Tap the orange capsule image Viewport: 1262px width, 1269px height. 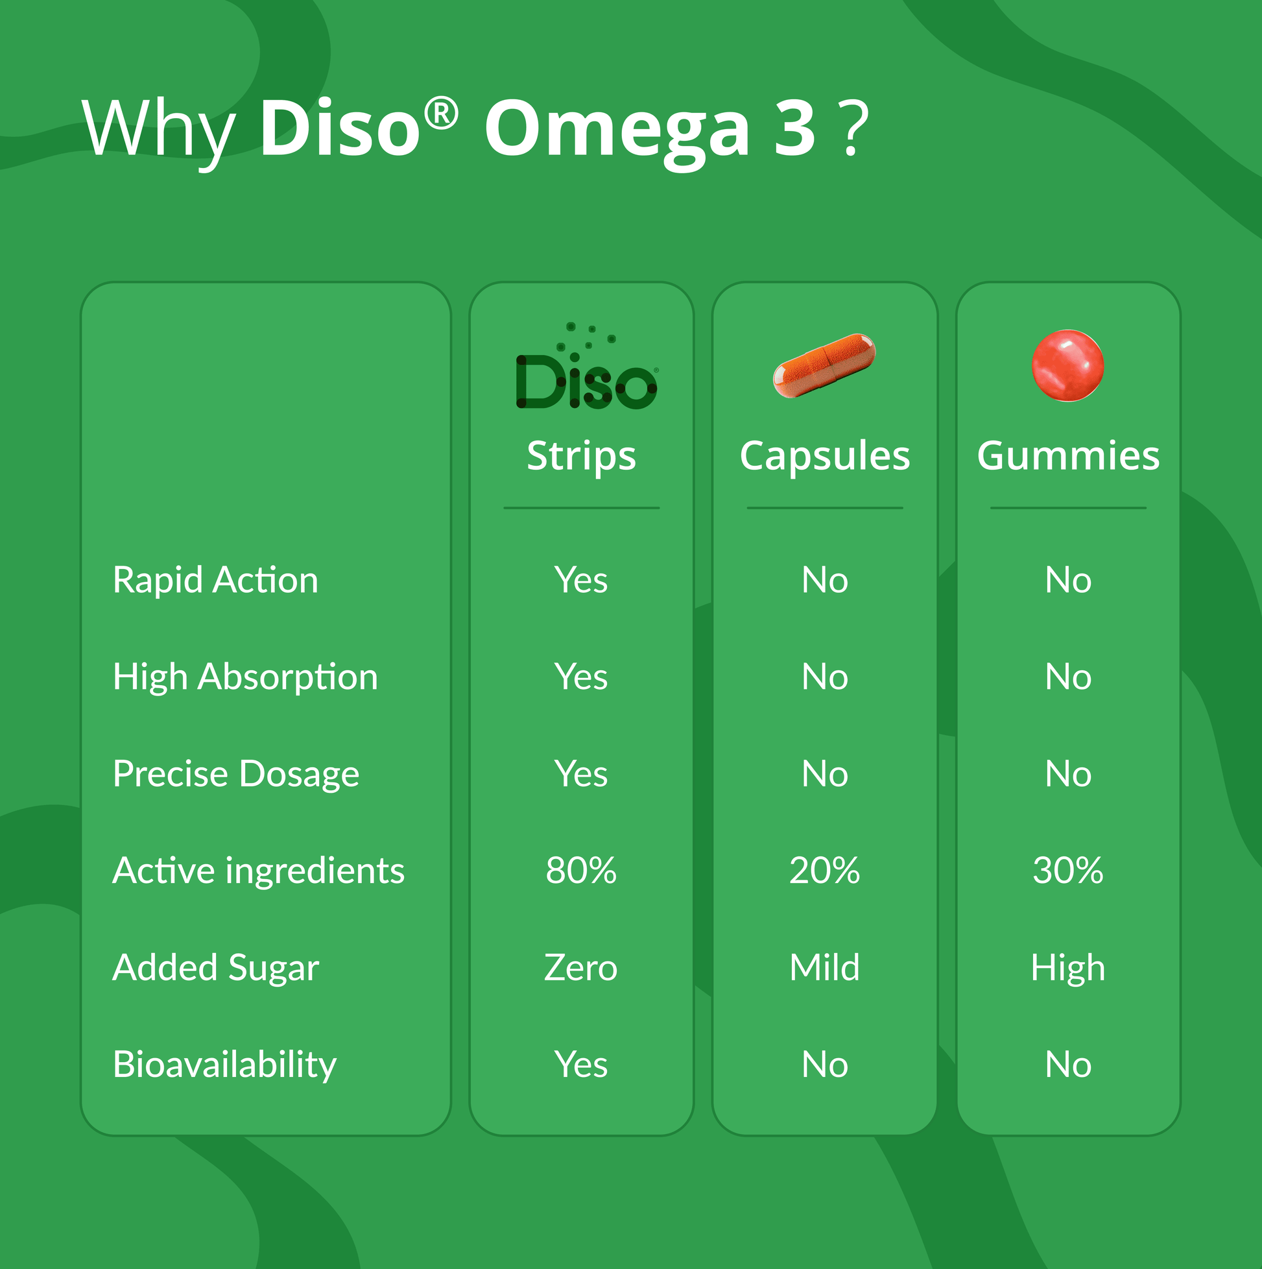pos(824,365)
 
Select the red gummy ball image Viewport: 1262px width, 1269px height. pos(1067,365)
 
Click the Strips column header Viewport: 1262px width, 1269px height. pos(581,456)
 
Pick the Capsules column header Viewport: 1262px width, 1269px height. pos(825,456)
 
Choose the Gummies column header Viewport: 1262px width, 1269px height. pos(1068,456)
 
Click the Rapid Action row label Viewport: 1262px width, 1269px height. pos(215,580)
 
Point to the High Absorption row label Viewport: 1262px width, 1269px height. pos(245,677)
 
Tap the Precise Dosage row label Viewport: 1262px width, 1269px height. pos(235,774)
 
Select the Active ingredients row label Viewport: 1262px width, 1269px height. pos(258,870)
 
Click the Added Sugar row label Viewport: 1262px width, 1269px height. pos(215,967)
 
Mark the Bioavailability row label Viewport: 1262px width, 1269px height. pos(224,1064)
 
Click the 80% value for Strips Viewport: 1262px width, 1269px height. pos(581,870)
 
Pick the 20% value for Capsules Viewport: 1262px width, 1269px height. pos(825,870)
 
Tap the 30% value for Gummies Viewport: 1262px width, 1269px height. pos(1068,870)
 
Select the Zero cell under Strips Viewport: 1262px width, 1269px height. pos(581,967)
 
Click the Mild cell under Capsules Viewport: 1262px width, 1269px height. pos(825,967)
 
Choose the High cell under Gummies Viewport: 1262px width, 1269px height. pos(1068,967)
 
